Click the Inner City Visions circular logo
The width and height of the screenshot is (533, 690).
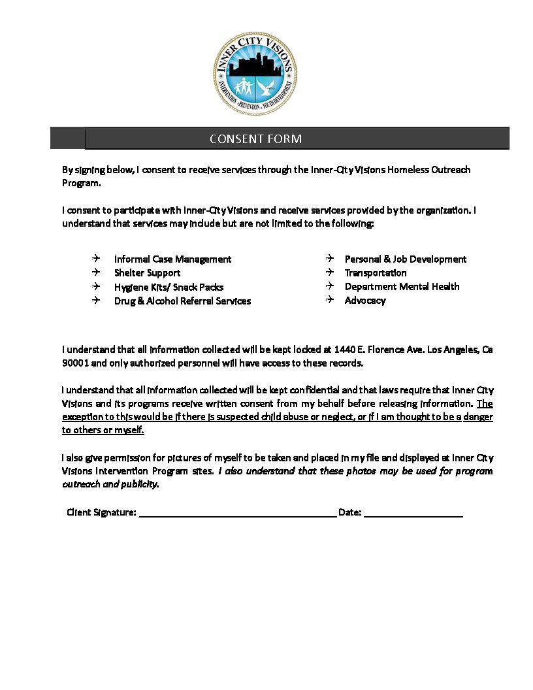point(255,73)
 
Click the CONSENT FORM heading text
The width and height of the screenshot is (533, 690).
point(255,139)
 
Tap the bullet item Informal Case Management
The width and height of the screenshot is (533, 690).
point(172,259)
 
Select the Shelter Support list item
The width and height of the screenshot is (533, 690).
point(147,273)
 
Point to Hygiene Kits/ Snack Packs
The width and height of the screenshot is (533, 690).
point(169,287)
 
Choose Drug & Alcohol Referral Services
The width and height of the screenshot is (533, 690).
point(182,301)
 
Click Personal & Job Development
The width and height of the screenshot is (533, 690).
point(406,259)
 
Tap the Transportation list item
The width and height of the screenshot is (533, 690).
point(376,273)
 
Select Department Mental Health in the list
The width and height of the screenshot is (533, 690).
point(402,287)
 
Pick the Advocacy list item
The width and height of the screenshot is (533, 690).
point(365,301)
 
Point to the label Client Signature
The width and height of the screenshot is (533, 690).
point(101,512)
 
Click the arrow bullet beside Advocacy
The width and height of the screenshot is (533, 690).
point(330,300)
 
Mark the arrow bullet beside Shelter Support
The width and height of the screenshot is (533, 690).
point(96,272)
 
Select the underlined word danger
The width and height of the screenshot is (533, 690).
point(478,417)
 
